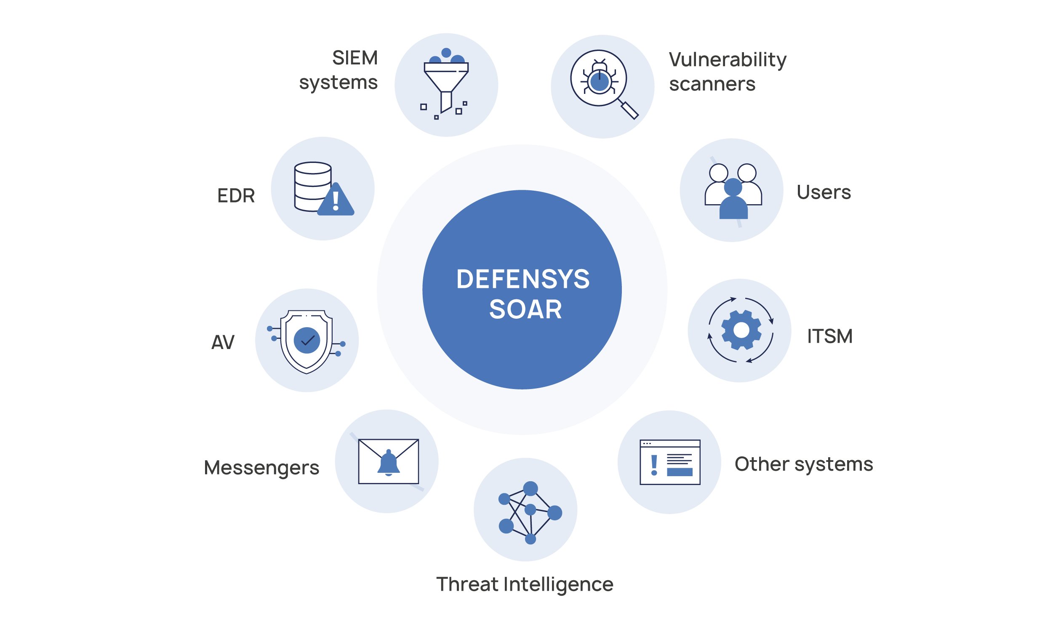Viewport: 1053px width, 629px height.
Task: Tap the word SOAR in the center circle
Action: [x=525, y=309]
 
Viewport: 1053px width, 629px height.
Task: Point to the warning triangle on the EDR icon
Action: [x=336, y=200]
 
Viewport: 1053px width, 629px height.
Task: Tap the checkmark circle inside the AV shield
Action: [x=307, y=340]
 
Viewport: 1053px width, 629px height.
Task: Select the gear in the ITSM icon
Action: [x=741, y=330]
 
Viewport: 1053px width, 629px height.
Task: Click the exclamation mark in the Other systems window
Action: [x=654, y=465]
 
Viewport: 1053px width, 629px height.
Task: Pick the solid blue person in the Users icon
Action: [x=733, y=199]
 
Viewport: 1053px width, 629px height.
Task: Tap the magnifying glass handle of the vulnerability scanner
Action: [x=629, y=110]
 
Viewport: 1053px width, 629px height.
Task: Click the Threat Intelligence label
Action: [x=525, y=584]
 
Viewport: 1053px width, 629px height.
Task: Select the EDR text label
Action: [x=236, y=196]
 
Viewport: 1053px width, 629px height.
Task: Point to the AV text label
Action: [x=223, y=342]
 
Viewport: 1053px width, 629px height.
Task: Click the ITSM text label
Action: [x=829, y=336]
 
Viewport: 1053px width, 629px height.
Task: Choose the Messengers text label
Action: [x=261, y=468]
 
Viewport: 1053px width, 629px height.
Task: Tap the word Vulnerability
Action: [x=728, y=60]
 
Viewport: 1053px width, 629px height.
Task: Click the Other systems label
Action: [x=803, y=464]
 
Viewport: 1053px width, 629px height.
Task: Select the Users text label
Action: [x=824, y=192]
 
